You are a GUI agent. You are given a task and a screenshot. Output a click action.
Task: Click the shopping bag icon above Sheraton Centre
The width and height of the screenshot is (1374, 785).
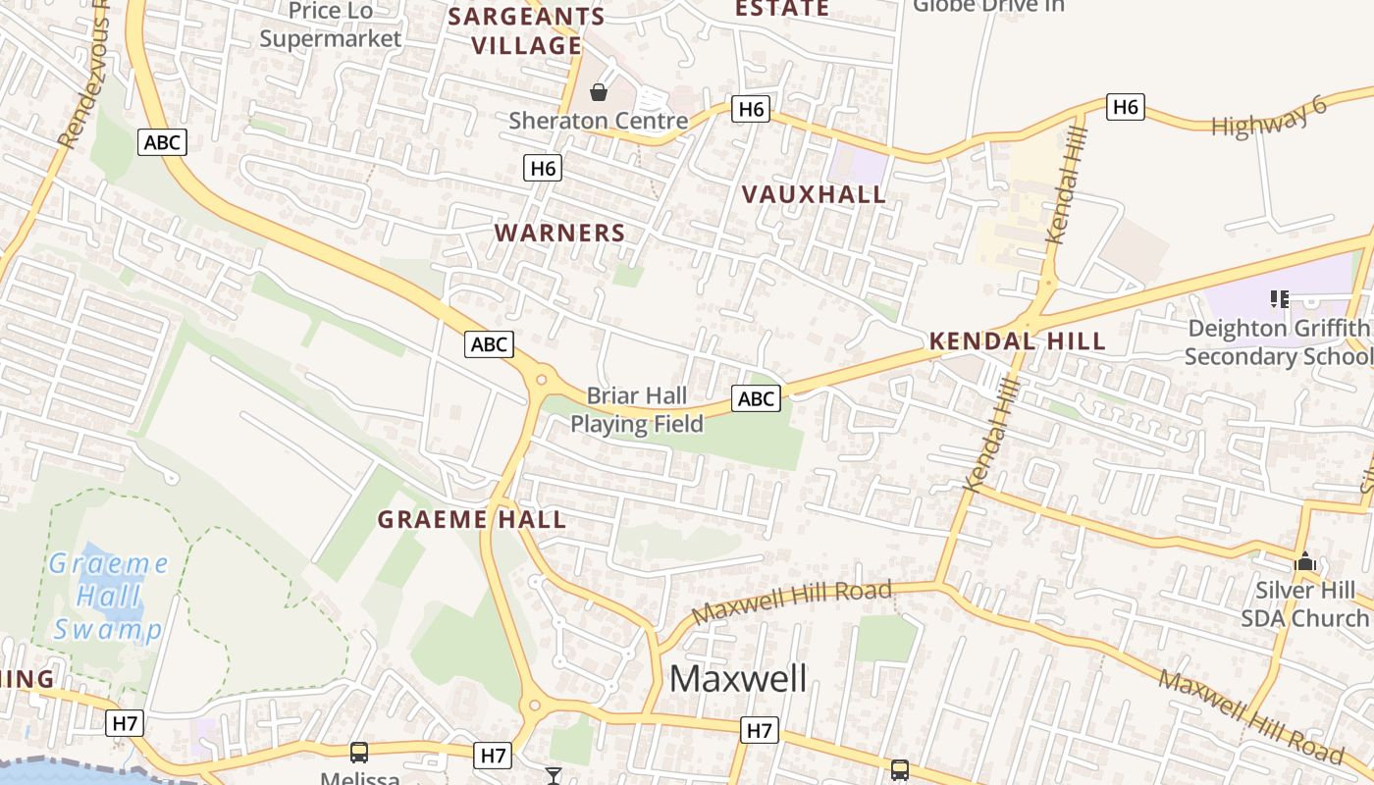[599, 93]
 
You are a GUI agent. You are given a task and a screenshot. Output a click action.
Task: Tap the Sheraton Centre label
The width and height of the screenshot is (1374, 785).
[598, 121]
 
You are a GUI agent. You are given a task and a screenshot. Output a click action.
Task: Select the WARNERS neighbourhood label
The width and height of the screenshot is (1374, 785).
[559, 233]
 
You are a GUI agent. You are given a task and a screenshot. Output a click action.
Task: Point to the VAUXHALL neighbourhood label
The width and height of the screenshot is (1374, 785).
[814, 194]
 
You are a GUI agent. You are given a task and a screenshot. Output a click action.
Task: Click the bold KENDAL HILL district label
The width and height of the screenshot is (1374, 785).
[1018, 341]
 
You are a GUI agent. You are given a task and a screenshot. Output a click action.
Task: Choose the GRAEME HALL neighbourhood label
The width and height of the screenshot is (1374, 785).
[472, 519]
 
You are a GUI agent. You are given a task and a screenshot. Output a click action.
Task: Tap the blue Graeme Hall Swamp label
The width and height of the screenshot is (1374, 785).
[108, 597]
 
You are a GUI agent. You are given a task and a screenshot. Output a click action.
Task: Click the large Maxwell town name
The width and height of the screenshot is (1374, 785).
[738, 678]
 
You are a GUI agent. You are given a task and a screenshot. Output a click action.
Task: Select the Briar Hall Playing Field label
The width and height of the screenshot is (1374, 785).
[637, 410]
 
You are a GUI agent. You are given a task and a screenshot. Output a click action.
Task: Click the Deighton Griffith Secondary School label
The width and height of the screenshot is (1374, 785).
[1278, 341]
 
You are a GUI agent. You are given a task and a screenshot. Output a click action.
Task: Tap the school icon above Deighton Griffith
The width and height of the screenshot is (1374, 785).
[1278, 298]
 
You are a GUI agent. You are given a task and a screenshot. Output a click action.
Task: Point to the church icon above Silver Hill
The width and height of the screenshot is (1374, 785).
[1304, 562]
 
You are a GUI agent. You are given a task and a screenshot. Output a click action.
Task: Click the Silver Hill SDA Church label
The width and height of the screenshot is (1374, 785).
[1304, 604]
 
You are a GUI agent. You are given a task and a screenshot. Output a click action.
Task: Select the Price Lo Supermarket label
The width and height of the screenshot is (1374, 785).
[331, 25]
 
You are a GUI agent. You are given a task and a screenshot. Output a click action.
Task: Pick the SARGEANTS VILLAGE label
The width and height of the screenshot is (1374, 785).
[526, 31]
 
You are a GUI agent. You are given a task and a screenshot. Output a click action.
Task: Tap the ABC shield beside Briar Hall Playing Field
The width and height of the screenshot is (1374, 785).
[756, 398]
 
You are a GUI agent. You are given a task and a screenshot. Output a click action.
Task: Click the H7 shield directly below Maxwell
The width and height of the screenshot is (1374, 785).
[760, 730]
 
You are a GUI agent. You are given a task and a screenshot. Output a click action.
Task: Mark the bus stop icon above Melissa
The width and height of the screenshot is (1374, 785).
[359, 753]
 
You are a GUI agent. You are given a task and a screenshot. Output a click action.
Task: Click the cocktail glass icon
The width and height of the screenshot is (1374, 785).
[554, 776]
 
